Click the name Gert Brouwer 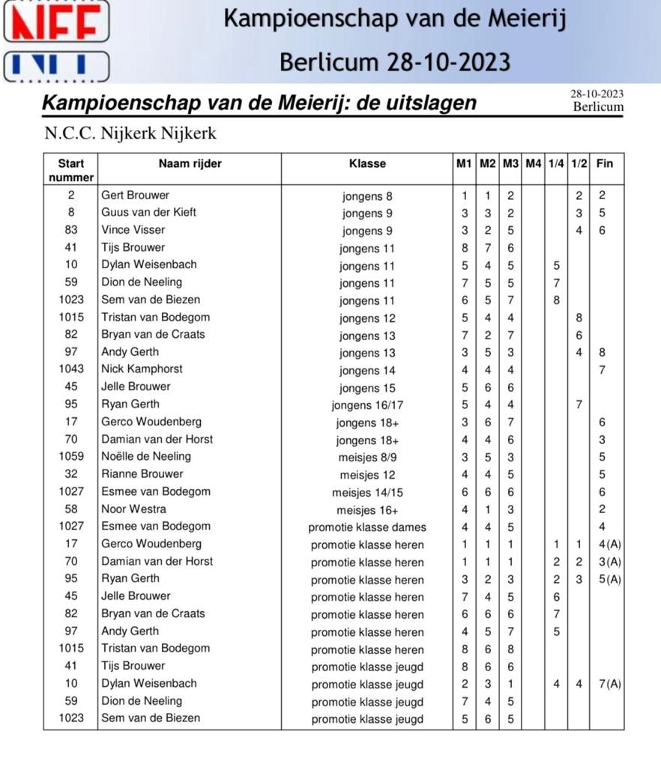pos(135,195)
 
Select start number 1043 pos(71,369)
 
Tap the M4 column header pos(533,163)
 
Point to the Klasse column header pos(367,163)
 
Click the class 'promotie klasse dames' pos(367,527)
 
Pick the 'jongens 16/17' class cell pos(367,405)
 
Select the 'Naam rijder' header pos(190,163)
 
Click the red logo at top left pos(55,21)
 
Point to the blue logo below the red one pos(55,66)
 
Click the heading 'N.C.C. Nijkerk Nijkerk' pos(130,134)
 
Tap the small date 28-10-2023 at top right pos(597,94)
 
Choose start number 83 pos(71,230)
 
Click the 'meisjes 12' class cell pos(367,475)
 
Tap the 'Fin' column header pos(604,163)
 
